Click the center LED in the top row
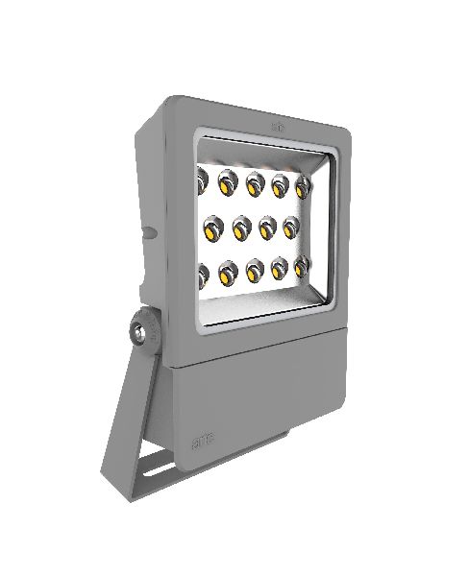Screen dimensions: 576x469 click(255, 182)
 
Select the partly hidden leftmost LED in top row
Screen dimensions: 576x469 click(204, 178)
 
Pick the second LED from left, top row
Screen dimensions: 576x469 click(228, 180)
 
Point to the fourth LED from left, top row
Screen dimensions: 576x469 click(281, 184)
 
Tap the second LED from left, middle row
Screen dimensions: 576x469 click(242, 228)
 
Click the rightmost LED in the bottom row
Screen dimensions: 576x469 click(302, 268)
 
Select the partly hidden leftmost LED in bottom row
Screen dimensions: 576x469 click(204, 276)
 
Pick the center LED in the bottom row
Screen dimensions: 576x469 click(255, 272)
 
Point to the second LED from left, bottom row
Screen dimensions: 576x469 click(228, 274)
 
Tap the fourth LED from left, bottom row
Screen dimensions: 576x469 click(281, 270)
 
